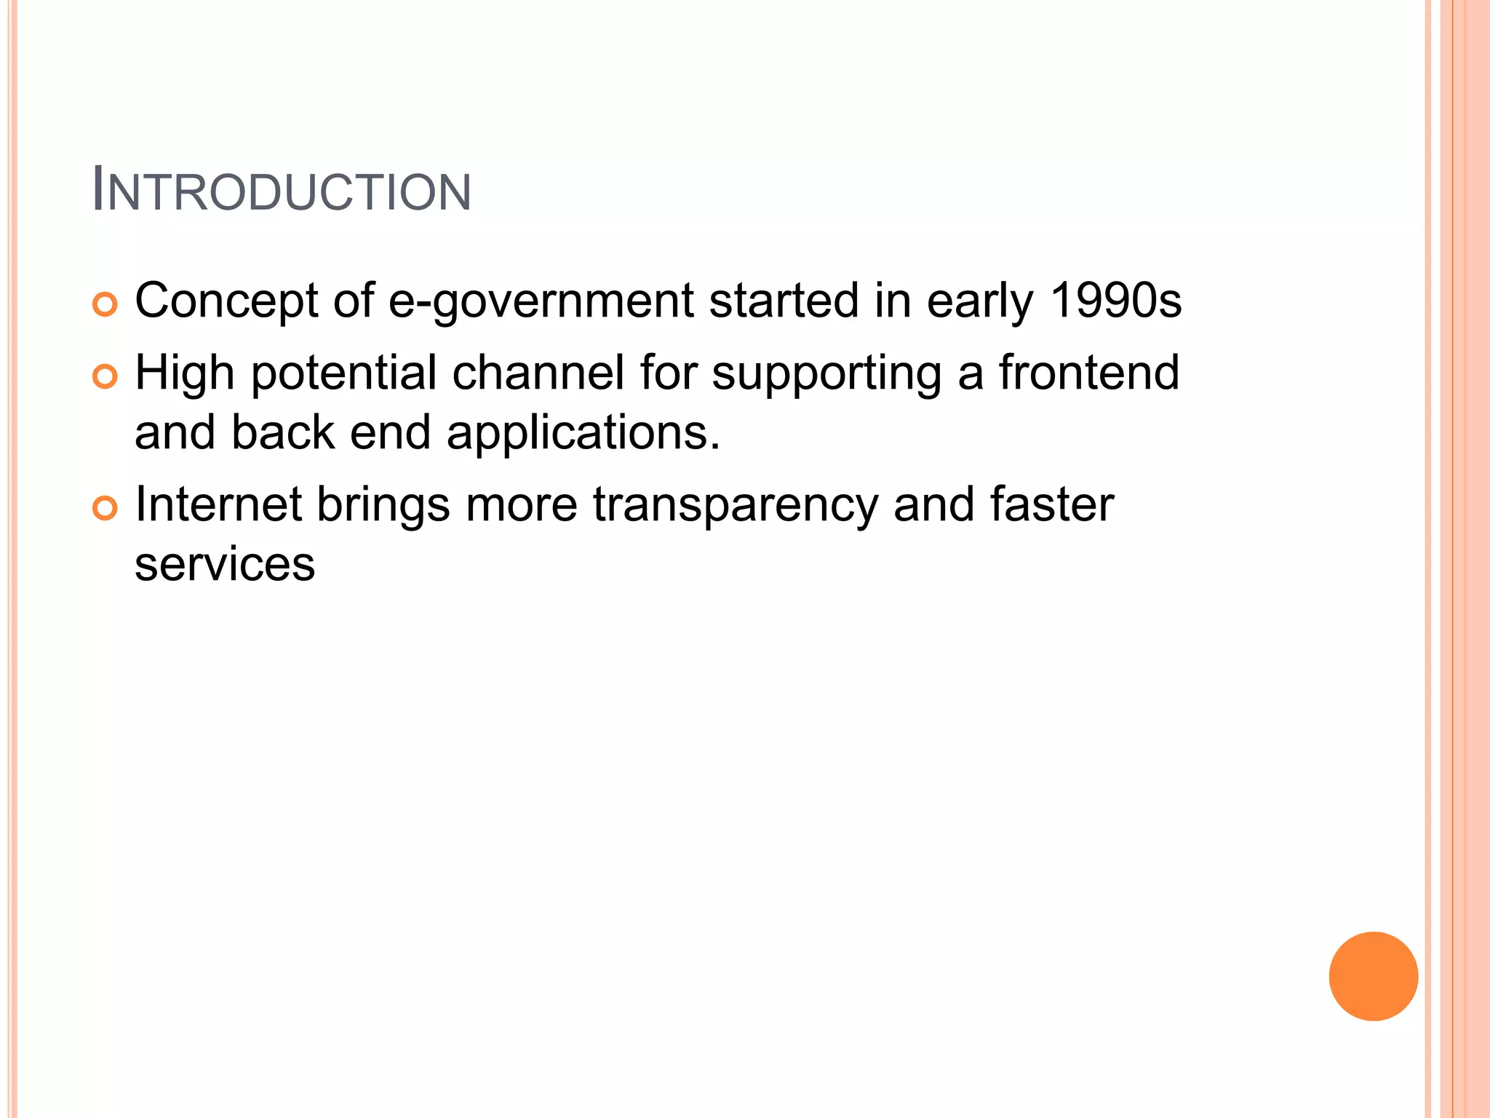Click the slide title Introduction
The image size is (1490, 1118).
282,191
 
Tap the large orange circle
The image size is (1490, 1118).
1373,976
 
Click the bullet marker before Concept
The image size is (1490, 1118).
105,304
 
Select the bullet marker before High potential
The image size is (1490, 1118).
105,376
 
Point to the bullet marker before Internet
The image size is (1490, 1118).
105,508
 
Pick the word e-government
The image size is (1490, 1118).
541,301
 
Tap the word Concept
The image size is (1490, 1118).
226,301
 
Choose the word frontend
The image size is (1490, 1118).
1088,372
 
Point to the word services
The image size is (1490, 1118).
225,564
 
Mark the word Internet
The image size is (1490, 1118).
218,504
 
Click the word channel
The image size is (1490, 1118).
538,372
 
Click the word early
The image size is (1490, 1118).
980,301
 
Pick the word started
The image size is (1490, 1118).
784,300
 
